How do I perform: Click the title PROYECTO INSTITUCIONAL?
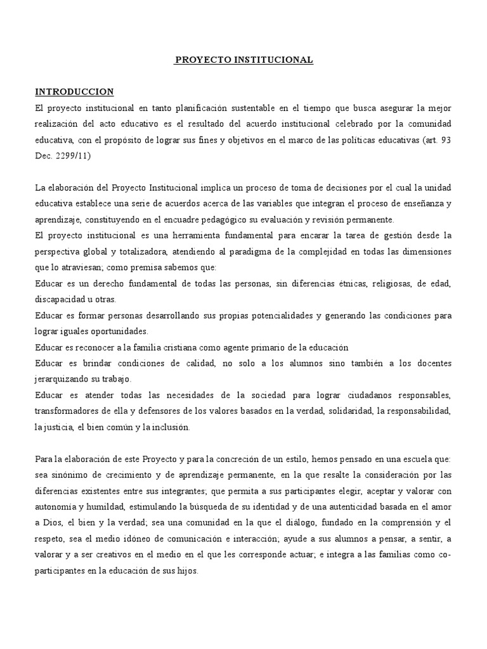243,60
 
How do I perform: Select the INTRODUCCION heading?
74,92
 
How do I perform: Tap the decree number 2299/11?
72,155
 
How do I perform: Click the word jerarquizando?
63,379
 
